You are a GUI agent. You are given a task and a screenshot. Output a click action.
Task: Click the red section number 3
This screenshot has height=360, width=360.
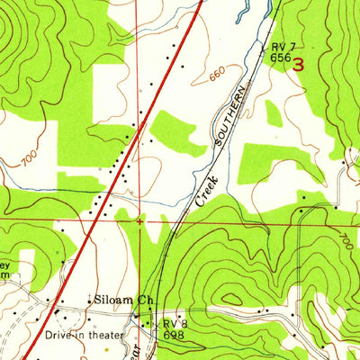click(x=299, y=64)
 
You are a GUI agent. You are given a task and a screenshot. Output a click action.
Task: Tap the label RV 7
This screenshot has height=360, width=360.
click(x=281, y=45)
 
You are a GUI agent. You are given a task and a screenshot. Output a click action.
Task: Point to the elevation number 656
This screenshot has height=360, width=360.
click(x=279, y=56)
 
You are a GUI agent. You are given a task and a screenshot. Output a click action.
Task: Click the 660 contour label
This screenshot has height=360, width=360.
click(x=216, y=77)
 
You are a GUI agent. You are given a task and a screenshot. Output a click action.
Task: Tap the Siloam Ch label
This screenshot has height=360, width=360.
click(x=113, y=301)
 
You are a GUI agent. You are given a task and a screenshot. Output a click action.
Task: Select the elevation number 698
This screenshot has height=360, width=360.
click(x=174, y=334)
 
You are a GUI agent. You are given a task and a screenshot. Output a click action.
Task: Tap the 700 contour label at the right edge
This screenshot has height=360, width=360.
click(x=347, y=240)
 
